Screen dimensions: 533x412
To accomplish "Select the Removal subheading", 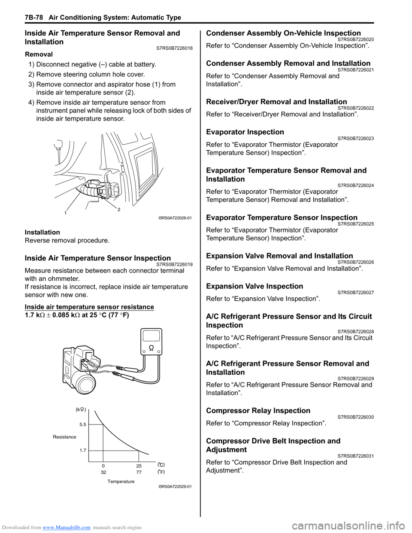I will [39, 55].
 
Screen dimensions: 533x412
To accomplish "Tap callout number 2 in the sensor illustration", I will [119, 209].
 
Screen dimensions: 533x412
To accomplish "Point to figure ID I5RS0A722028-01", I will [175, 218].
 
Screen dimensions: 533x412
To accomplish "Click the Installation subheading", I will [42, 232].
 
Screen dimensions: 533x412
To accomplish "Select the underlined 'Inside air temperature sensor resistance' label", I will [89, 307].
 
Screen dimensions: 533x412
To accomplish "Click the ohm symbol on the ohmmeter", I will [151, 347].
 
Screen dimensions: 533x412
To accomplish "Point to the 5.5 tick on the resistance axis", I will [83, 424].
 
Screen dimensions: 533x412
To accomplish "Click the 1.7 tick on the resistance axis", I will [83, 450].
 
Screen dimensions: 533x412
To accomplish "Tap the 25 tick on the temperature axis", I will [139, 466].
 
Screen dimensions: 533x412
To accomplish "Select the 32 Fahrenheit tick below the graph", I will [103, 472].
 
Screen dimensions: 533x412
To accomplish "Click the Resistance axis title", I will [64, 437].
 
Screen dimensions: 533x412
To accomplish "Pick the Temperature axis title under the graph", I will [121, 482].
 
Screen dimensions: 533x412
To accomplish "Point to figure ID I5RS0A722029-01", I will [175, 487].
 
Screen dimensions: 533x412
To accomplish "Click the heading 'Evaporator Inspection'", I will [245, 132].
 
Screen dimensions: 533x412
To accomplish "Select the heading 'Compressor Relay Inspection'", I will [258, 411].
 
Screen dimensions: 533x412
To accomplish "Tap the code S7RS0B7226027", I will [355, 293].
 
